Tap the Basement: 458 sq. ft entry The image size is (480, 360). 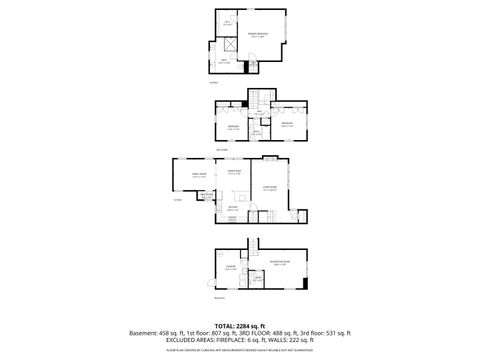159,333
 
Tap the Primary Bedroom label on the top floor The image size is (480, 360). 258,35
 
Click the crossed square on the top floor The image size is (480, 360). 230,42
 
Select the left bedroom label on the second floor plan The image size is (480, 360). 232,127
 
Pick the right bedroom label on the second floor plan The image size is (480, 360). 286,125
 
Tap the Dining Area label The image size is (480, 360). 235,173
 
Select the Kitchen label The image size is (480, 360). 232,207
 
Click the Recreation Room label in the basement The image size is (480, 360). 280,262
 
